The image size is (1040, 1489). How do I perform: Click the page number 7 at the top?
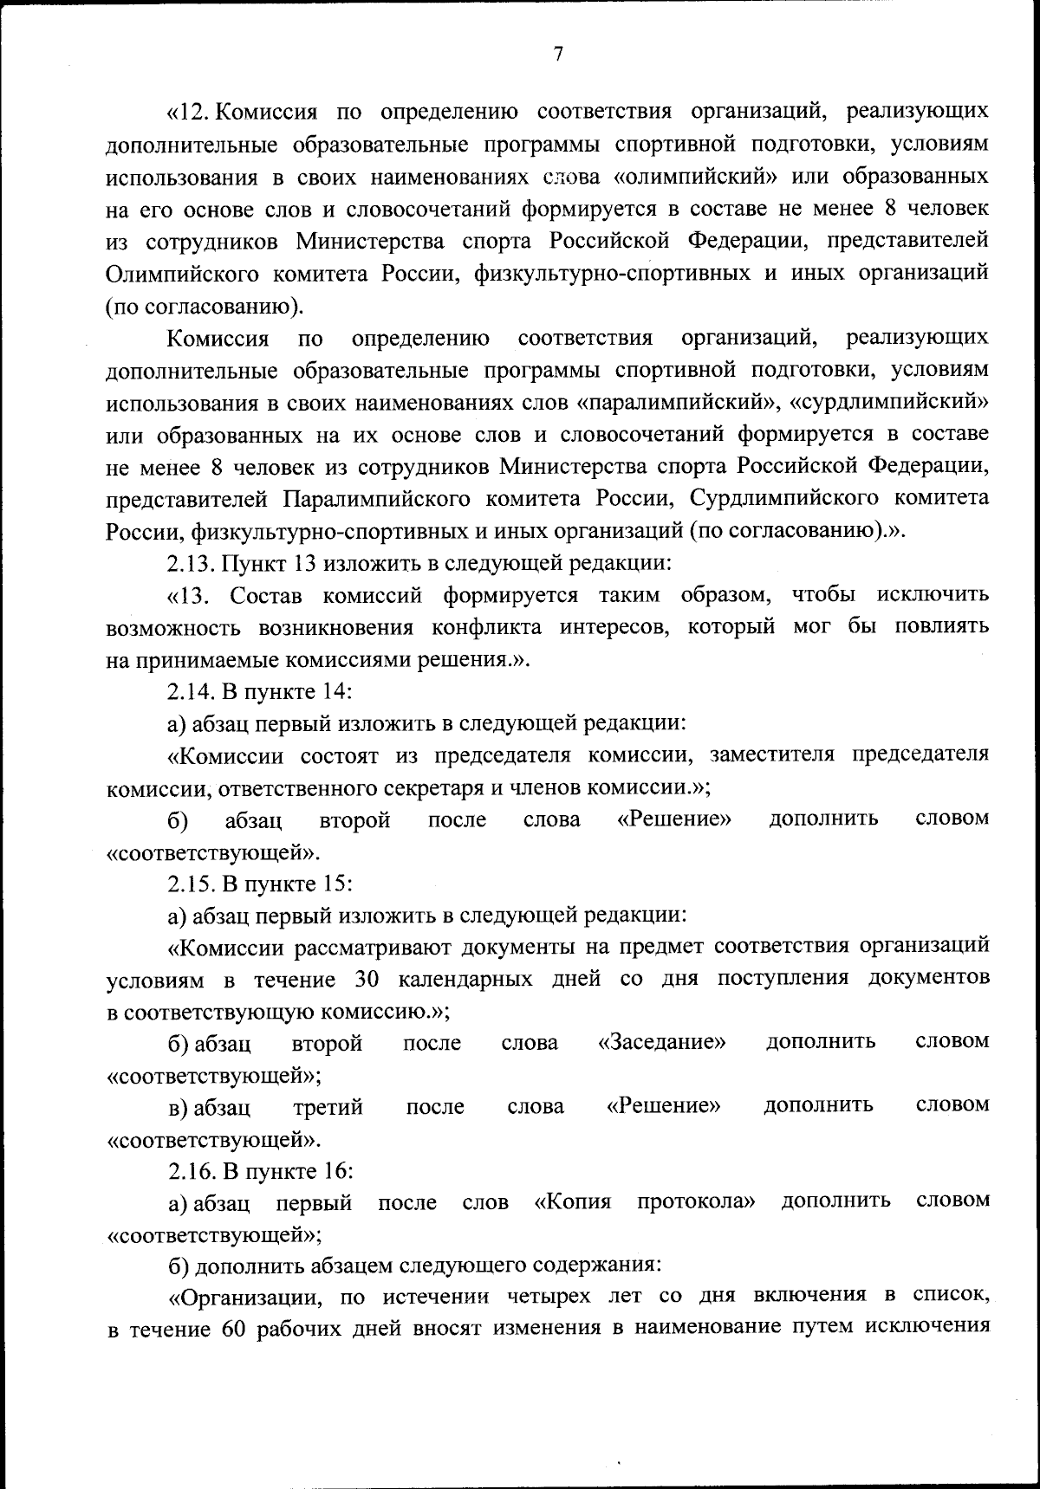coord(558,54)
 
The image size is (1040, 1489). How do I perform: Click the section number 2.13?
coord(188,563)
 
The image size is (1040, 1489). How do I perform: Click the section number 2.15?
coord(188,884)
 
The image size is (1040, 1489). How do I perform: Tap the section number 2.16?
coord(188,1171)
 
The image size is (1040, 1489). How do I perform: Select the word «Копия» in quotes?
coord(574,1201)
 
